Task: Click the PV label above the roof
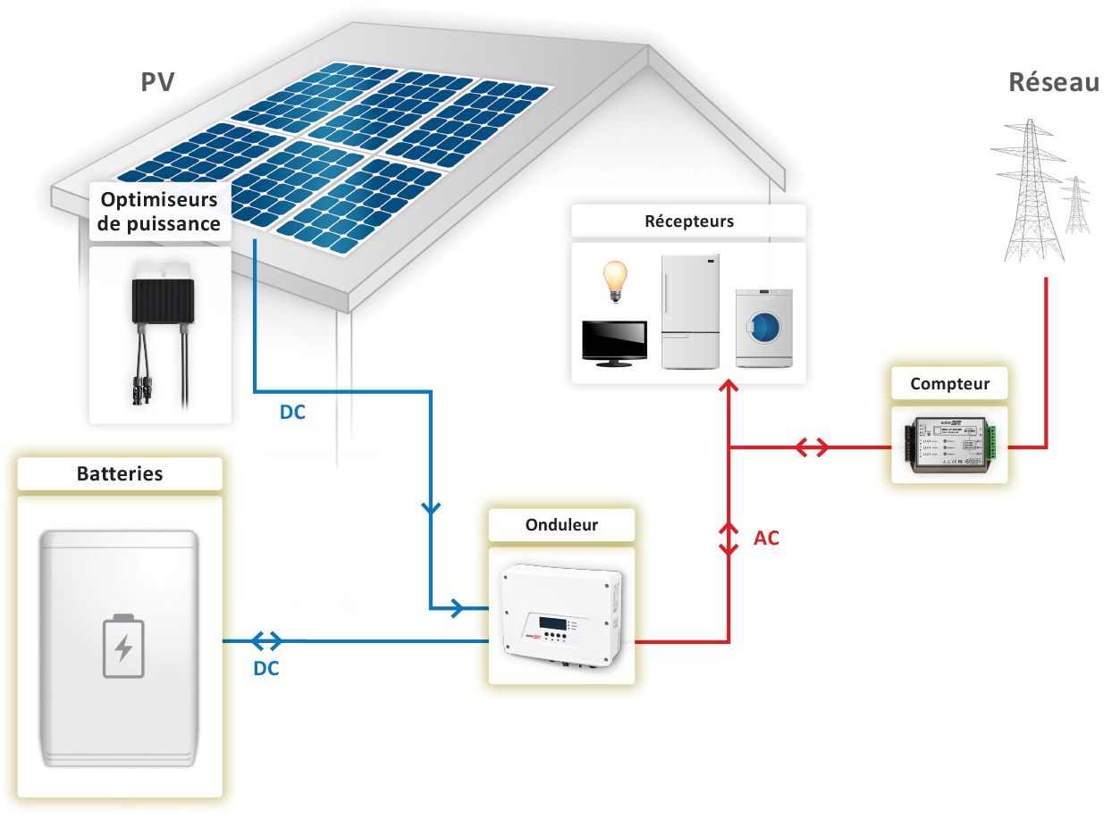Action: click(157, 82)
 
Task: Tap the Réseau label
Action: click(1053, 82)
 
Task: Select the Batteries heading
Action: click(120, 473)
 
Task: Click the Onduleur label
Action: click(561, 525)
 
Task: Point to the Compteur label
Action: click(949, 384)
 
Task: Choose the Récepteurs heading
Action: click(688, 221)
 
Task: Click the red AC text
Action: click(766, 539)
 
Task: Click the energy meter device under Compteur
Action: click(949, 444)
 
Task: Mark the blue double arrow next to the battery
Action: click(266, 640)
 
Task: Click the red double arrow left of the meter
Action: click(812, 447)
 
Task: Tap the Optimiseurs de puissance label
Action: click(160, 211)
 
